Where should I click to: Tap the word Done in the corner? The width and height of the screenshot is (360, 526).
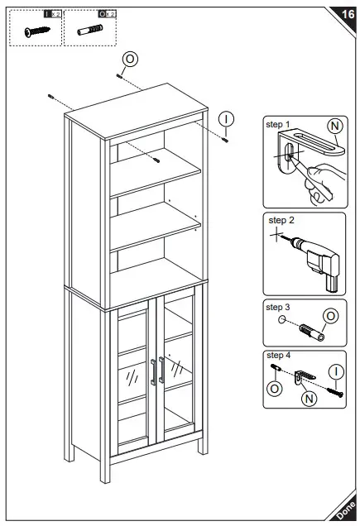[x=345, y=512]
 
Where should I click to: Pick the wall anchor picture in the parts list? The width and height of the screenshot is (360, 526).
[x=90, y=31]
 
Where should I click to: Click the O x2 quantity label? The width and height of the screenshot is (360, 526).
[x=106, y=14]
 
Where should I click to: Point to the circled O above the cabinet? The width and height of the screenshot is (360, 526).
[x=130, y=59]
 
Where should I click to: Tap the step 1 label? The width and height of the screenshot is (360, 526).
[x=278, y=124]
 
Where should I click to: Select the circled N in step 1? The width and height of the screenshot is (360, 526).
[x=334, y=127]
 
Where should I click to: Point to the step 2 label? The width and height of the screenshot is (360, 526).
[x=281, y=221]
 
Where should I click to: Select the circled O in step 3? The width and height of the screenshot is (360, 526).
[x=330, y=315]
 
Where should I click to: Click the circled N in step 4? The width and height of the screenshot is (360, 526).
[x=308, y=398]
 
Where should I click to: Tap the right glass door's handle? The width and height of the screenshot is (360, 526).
[x=166, y=371]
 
